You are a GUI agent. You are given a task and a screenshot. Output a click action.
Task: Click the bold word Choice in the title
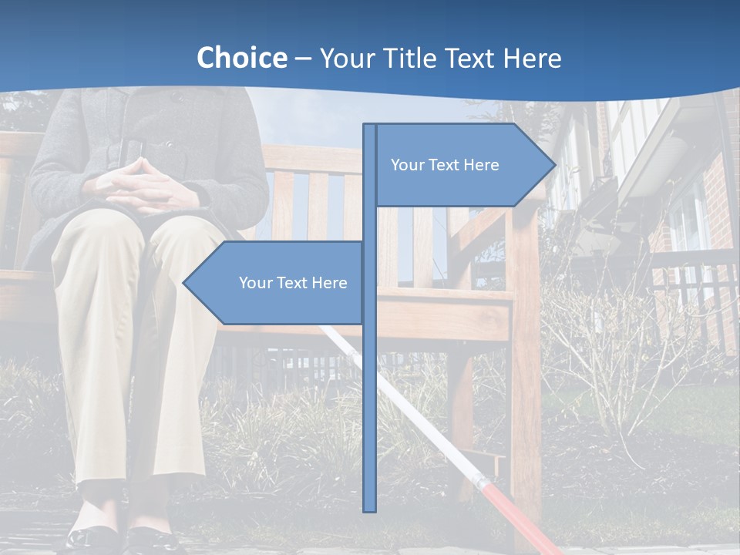click(x=241, y=58)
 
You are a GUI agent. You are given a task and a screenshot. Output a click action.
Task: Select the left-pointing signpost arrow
click(x=274, y=283)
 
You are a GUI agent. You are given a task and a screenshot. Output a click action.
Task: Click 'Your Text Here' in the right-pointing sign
click(x=445, y=165)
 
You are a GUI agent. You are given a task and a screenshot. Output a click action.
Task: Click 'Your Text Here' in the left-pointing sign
click(x=293, y=283)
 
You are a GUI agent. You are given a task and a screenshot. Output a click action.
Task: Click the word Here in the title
click(x=532, y=58)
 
